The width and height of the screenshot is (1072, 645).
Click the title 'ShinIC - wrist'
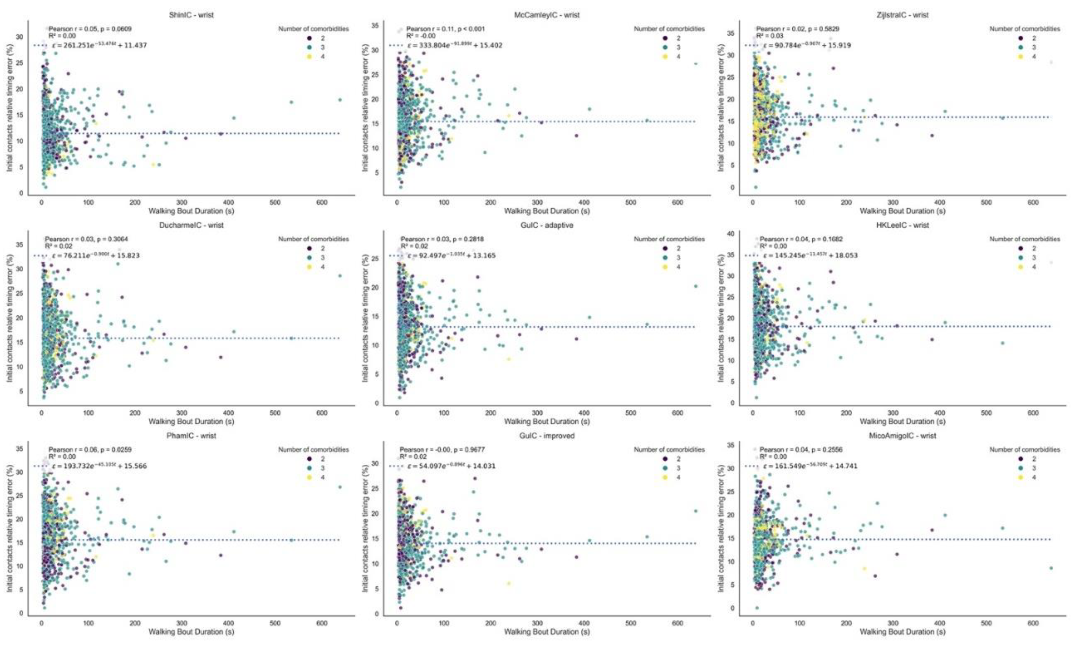[191, 15]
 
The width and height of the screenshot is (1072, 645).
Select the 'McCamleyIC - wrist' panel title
[547, 15]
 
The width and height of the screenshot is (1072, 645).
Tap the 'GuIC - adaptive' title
[547, 225]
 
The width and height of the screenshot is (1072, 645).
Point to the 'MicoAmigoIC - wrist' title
[903, 435]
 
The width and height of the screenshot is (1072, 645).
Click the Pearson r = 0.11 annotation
[446, 29]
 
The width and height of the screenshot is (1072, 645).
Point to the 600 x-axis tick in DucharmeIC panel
[322, 413]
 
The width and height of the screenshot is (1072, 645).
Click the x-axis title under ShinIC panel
[191, 211]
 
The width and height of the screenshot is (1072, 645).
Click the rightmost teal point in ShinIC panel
[340, 100]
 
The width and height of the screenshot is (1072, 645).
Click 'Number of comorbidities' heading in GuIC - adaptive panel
[669, 239]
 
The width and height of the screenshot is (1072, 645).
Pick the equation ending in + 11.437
[99, 45]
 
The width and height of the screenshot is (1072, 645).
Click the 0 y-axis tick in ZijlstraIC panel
[732, 187]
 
